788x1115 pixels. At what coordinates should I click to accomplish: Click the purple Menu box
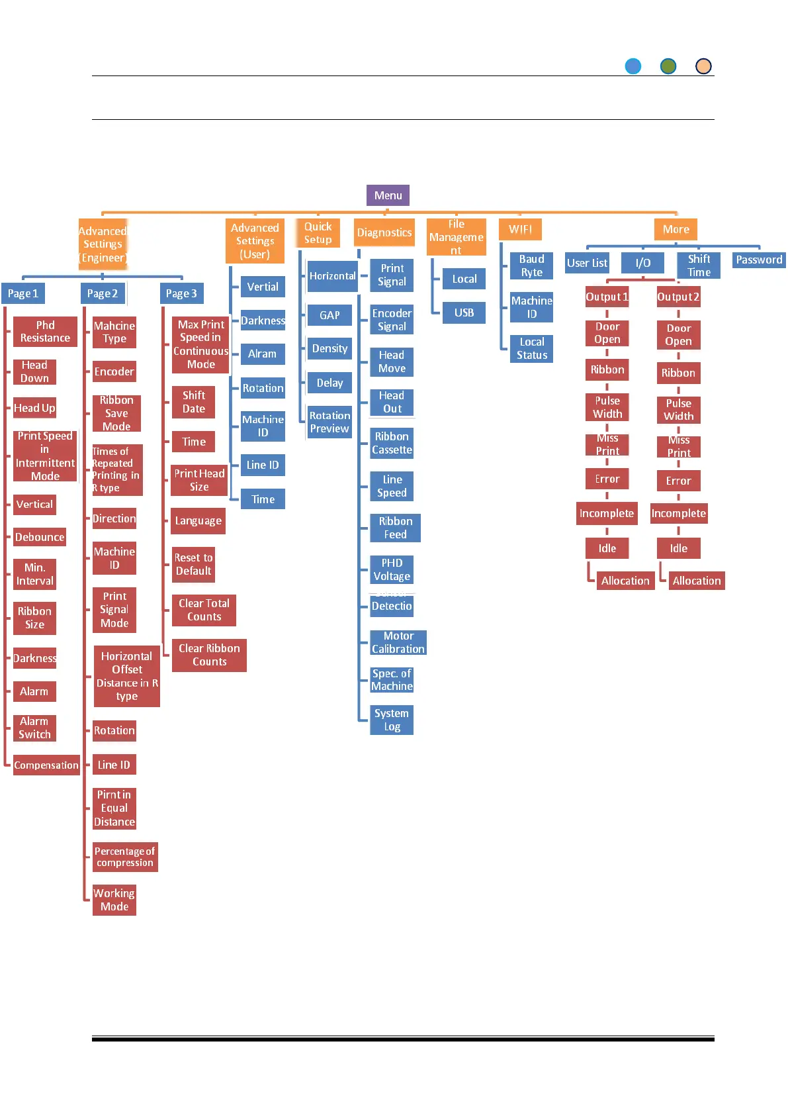click(x=388, y=195)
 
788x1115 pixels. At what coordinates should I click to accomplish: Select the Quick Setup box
click(x=318, y=233)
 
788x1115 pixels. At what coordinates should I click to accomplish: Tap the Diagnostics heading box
click(x=384, y=232)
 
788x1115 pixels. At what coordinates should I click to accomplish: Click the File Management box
click(x=456, y=237)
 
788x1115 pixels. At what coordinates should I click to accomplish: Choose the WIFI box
click(x=520, y=229)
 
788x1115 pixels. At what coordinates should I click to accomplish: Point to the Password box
click(x=759, y=260)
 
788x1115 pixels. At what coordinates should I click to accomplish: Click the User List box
click(x=587, y=263)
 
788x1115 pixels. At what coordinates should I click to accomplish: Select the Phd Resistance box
click(x=45, y=331)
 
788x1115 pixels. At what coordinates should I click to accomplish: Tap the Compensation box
click(x=46, y=765)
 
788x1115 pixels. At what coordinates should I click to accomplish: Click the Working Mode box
click(x=114, y=900)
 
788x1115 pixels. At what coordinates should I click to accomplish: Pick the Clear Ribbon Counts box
click(x=209, y=655)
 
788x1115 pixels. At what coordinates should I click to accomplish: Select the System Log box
click(x=392, y=720)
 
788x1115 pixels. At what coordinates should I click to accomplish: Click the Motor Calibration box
click(x=398, y=642)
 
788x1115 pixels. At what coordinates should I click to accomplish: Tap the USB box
click(x=464, y=313)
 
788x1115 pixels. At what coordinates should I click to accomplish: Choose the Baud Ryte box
click(x=531, y=266)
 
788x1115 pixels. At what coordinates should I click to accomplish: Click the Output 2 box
click(x=678, y=297)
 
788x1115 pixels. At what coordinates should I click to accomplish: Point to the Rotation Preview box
click(x=329, y=422)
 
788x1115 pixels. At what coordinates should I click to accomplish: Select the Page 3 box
click(x=181, y=293)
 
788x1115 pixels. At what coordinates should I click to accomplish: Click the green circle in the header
click(x=668, y=66)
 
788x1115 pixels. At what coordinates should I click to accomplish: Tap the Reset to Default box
click(x=193, y=564)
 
